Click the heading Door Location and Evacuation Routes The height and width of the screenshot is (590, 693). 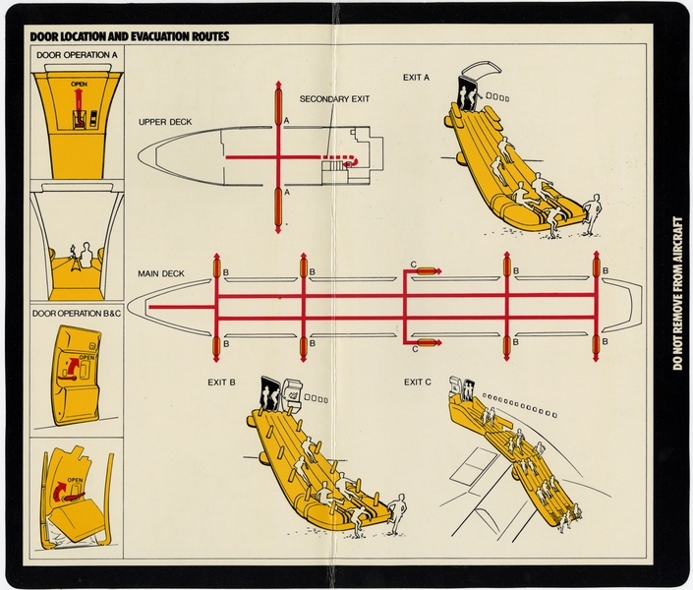click(130, 36)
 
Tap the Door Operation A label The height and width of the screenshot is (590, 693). click(77, 55)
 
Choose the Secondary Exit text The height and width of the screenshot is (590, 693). click(335, 99)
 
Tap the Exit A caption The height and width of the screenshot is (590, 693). click(416, 77)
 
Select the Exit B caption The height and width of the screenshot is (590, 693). click(221, 382)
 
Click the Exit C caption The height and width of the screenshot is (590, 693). click(419, 382)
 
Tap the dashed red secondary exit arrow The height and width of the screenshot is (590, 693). click(343, 158)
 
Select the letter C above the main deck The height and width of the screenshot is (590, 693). click(414, 265)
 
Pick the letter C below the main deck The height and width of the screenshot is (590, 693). click(414, 348)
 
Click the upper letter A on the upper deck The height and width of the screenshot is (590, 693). click(286, 120)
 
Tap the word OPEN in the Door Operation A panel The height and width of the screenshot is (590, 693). click(79, 86)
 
